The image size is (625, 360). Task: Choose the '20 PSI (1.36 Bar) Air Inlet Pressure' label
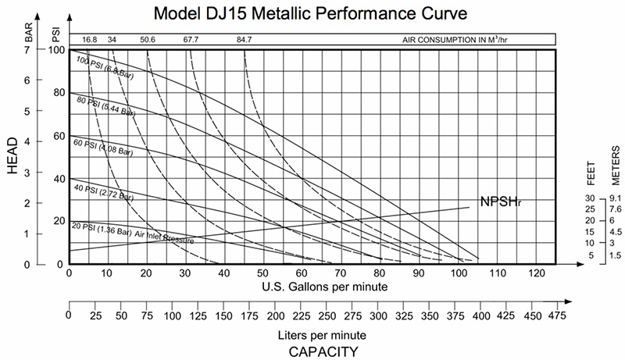(132, 233)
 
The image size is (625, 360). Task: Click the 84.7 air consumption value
(244, 39)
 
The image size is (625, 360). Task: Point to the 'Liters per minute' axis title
(312, 334)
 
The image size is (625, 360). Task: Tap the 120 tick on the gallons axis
(536, 273)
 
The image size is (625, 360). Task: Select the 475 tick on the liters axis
(557, 316)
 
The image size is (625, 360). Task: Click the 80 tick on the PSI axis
(58, 93)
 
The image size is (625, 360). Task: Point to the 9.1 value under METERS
(616, 198)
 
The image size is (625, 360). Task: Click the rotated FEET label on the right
(591, 170)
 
